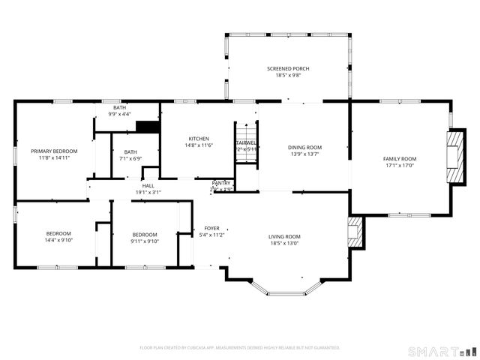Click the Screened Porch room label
(288, 69)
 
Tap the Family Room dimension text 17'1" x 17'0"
(400, 166)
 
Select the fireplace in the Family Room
(454, 157)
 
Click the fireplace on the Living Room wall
(355, 233)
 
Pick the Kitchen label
(199, 139)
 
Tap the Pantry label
(221, 183)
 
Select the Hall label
(148, 185)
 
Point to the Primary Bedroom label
(54, 151)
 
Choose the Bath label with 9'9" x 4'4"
(119, 108)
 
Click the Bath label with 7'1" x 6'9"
(130, 152)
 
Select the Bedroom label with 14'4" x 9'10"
(58, 234)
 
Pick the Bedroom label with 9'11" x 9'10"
(145, 234)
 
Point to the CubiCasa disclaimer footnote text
(240, 347)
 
